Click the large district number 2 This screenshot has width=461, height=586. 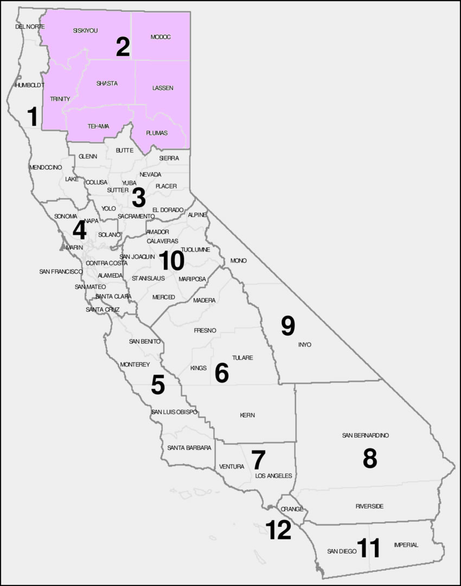click(x=123, y=47)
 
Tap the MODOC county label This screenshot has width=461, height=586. click(x=161, y=37)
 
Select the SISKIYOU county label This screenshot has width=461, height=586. click(x=85, y=31)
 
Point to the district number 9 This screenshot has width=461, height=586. click(x=288, y=325)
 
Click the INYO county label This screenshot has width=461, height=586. click(x=305, y=345)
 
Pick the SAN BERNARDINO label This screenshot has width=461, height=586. click(x=366, y=435)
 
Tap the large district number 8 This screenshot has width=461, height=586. click(x=370, y=459)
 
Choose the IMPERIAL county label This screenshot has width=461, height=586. click(x=406, y=545)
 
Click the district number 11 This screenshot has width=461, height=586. click(x=369, y=548)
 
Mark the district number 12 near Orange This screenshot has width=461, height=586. click(x=279, y=530)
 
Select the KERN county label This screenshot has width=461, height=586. click(x=247, y=415)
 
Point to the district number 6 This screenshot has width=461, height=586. click(x=222, y=373)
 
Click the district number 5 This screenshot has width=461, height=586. click(x=158, y=384)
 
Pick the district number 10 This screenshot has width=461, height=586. click(x=172, y=261)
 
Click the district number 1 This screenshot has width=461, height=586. click(x=33, y=117)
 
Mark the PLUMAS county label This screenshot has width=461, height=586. click(x=157, y=133)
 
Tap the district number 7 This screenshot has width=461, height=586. click(x=258, y=460)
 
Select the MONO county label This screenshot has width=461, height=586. click(x=239, y=261)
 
